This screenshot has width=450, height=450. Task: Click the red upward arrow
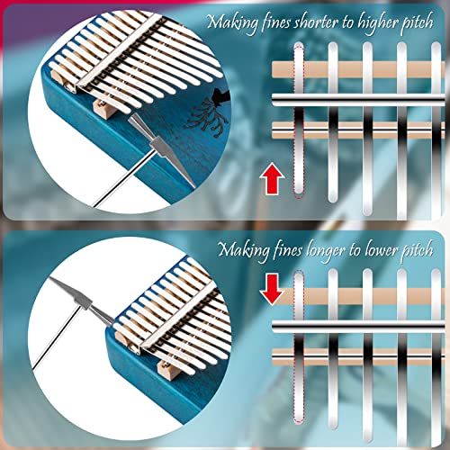[272, 179]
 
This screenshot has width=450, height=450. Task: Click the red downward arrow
[272, 289]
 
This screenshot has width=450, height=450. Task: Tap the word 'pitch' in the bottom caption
[418, 249]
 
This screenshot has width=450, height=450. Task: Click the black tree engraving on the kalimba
[210, 113]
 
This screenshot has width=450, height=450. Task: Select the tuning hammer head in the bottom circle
[80, 301]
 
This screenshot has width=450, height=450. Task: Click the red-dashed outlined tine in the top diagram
[299, 120]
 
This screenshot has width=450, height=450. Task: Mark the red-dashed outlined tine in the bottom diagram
[299, 346]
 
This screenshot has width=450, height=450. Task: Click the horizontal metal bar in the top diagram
[358, 100]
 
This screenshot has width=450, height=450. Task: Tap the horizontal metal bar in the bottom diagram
[358, 327]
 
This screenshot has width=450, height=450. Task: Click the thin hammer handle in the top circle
[124, 179]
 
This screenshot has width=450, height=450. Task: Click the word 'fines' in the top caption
[276, 22]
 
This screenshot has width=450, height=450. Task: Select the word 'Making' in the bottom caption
[244, 251]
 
